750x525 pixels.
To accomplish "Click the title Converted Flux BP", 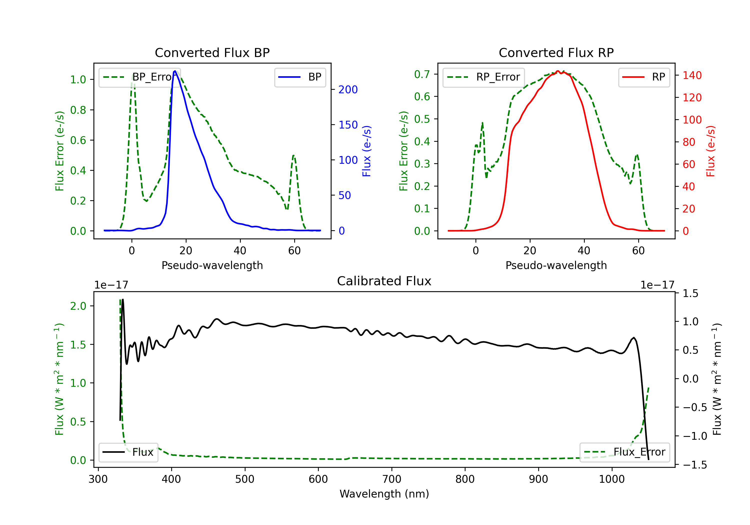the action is (x=212, y=52).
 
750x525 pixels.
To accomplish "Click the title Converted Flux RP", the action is (x=556, y=52).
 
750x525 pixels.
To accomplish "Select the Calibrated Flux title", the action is (x=384, y=281).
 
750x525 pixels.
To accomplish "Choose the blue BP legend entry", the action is (x=300, y=77).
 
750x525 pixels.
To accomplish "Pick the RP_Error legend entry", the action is (x=483, y=77).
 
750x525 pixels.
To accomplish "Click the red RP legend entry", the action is (x=644, y=77).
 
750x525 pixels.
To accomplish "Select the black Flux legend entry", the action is (x=128, y=452).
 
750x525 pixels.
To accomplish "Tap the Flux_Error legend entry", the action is (x=624, y=452).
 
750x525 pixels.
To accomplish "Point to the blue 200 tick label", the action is (x=348, y=89).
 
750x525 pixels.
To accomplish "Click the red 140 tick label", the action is (x=692, y=75).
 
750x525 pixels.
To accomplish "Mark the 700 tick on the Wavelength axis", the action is (x=392, y=479).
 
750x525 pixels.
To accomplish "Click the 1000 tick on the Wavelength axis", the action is (x=612, y=479).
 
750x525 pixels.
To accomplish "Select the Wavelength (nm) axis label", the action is (x=384, y=494).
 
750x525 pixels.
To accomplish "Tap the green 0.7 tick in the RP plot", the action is (x=422, y=74).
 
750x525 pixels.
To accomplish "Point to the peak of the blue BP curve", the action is (x=175, y=71).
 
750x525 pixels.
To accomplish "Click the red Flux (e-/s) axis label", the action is (x=710, y=151).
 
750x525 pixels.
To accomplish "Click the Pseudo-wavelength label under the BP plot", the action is (x=212, y=265).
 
